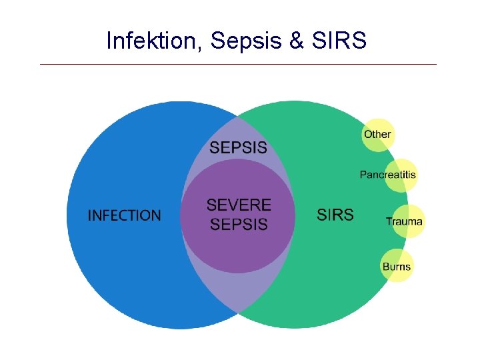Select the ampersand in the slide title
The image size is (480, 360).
click(x=297, y=41)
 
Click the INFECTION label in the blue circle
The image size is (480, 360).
click(x=125, y=215)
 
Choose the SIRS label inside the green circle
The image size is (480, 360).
click(x=335, y=215)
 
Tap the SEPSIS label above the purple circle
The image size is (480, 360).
click(x=238, y=148)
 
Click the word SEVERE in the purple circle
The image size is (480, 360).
click(x=239, y=205)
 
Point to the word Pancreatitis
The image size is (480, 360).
click(x=388, y=175)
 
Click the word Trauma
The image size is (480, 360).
click(x=404, y=221)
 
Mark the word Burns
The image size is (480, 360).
click(x=397, y=267)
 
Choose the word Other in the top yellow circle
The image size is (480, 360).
click(x=377, y=134)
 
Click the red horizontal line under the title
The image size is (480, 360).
click(x=238, y=65)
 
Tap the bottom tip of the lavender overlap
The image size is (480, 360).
click(x=238, y=311)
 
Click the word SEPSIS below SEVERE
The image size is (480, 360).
click(x=239, y=225)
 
